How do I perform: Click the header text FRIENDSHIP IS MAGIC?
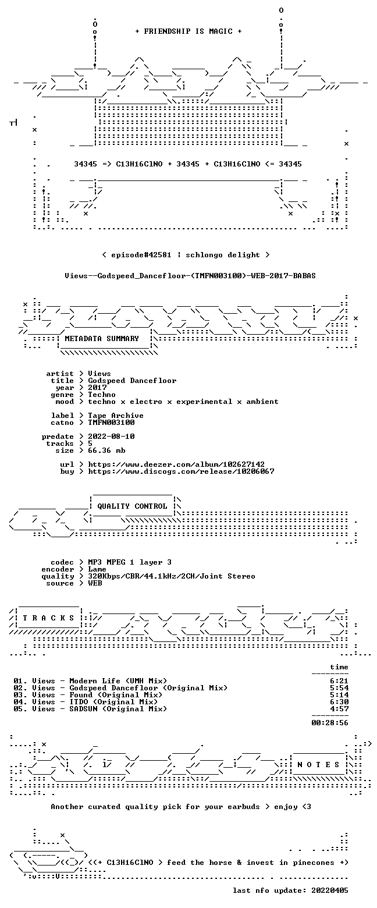pos(188,31)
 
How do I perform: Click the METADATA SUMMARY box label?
pos(102,339)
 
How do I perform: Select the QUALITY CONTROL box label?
pos(132,506)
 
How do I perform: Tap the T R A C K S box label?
pos(49,618)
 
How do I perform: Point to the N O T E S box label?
pos(319,764)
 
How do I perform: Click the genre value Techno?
pos(102,395)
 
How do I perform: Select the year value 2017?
pos(97,388)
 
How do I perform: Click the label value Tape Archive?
pos(116,416)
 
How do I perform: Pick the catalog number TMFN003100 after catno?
pos(112,423)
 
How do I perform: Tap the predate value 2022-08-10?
pos(112,437)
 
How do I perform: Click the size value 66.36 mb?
pos(106,451)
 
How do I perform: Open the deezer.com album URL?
pos(176,464)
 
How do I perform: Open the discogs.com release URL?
pos(181,471)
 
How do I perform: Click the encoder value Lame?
pos(97,569)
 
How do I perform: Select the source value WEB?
pos(95,583)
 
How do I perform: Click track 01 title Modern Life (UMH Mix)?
pos(118,681)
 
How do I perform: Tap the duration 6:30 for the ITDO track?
pos(339,702)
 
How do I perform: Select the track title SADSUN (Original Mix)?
pos(118,709)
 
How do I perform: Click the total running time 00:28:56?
pos(329,723)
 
